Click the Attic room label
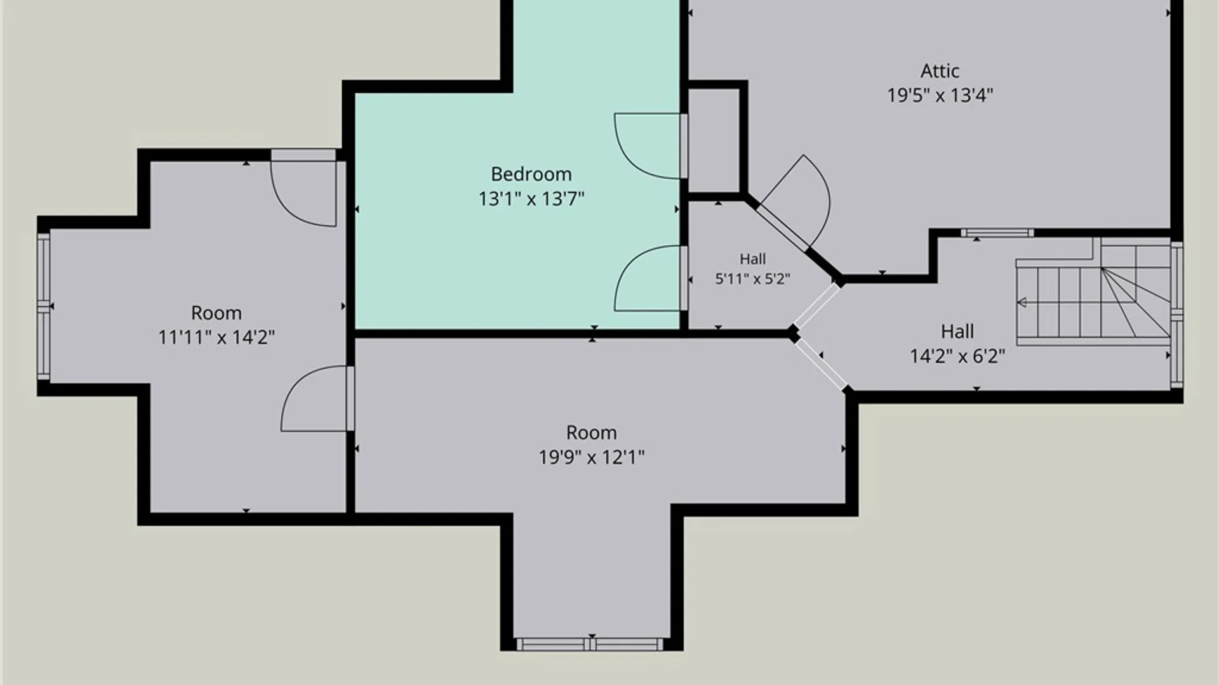940,70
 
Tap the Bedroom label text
531,174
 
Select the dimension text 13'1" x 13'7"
531,199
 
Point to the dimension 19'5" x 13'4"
940,95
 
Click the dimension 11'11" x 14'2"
216,337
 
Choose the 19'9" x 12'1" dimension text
591,457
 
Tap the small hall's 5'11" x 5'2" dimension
752,279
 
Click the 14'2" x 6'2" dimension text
957,356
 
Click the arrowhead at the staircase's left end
1022,303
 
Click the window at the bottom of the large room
590,644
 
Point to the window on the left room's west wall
43,306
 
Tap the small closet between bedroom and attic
714,140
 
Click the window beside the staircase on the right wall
1176,315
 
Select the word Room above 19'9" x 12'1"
591,433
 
